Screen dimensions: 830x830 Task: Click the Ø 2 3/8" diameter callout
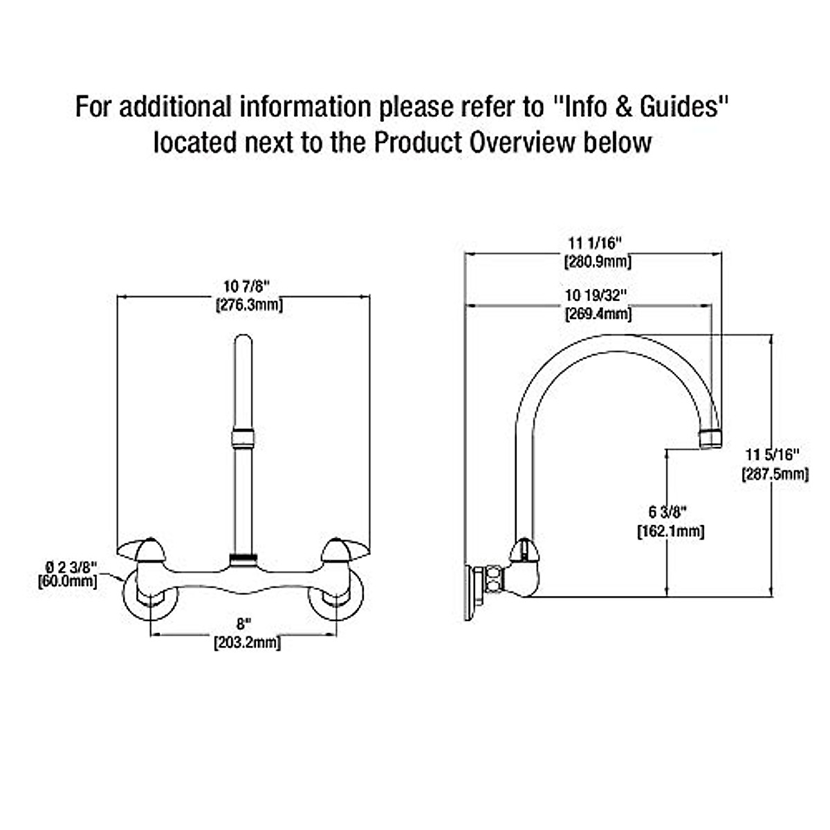[x=68, y=567]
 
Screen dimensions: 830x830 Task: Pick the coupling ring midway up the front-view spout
[x=242, y=438]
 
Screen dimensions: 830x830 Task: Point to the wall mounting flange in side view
[x=470, y=591]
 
